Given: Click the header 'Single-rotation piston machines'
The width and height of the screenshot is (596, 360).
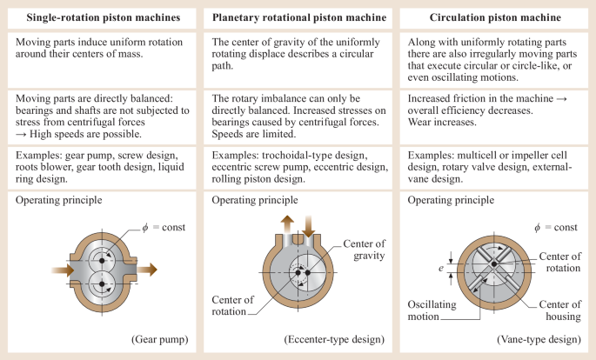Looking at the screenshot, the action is coord(104,17).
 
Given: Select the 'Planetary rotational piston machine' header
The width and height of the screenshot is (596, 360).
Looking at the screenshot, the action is coord(299,17).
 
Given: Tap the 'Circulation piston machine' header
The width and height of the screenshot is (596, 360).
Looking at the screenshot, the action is coord(495,17).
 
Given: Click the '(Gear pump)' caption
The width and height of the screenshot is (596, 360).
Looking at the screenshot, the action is coord(160,339).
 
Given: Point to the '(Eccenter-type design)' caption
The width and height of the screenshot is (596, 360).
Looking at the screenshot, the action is coord(334,339).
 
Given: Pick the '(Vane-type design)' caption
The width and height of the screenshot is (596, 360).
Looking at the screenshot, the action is coord(539,339).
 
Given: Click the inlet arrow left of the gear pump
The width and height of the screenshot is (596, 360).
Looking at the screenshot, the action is coord(63,270).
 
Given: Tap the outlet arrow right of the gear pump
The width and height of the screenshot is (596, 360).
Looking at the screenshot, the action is coord(147,270).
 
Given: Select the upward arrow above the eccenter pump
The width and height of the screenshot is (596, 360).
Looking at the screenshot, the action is coord(287,224).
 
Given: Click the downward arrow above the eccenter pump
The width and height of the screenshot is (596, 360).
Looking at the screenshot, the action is coord(309,226).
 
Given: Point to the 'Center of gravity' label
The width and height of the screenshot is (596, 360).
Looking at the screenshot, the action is coord(365,250).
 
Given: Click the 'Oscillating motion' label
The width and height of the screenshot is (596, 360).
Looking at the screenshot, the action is coord(432,310).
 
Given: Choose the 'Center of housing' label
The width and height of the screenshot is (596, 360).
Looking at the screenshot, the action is coord(559,310).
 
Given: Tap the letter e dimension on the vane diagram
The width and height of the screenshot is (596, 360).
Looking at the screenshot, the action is coord(441,269).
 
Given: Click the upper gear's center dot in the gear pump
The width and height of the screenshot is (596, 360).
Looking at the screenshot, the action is coord(102,261).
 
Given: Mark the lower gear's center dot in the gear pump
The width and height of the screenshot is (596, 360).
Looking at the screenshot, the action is coord(102,284).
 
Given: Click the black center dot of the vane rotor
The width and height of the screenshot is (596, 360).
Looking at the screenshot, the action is coord(493,264).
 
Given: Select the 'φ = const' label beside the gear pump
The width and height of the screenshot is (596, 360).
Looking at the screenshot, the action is coord(164,228).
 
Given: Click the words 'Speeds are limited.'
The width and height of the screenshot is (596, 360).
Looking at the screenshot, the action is coord(253,134).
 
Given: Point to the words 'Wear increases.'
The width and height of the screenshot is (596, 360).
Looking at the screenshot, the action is coord(442,123).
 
